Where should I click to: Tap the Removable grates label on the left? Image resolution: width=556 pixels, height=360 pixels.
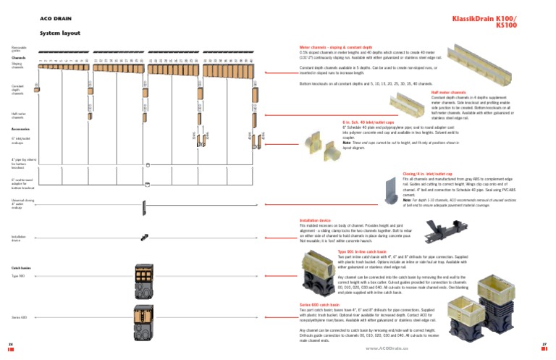coord(18,49)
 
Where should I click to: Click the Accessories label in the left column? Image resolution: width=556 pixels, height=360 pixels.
coord(20,129)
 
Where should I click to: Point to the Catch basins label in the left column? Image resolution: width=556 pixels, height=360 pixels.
coord(20,267)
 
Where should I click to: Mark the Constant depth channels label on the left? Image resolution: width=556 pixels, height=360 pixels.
coord(18,89)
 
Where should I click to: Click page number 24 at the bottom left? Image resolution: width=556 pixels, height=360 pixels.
coord(11,343)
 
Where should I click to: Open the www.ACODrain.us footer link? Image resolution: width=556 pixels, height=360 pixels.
coord(387,348)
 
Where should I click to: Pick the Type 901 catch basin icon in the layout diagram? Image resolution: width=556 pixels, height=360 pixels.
coord(143,276)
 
